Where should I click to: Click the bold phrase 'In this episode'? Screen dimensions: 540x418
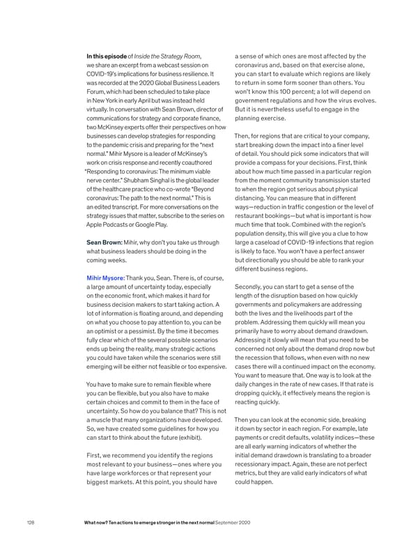click(107, 56)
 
